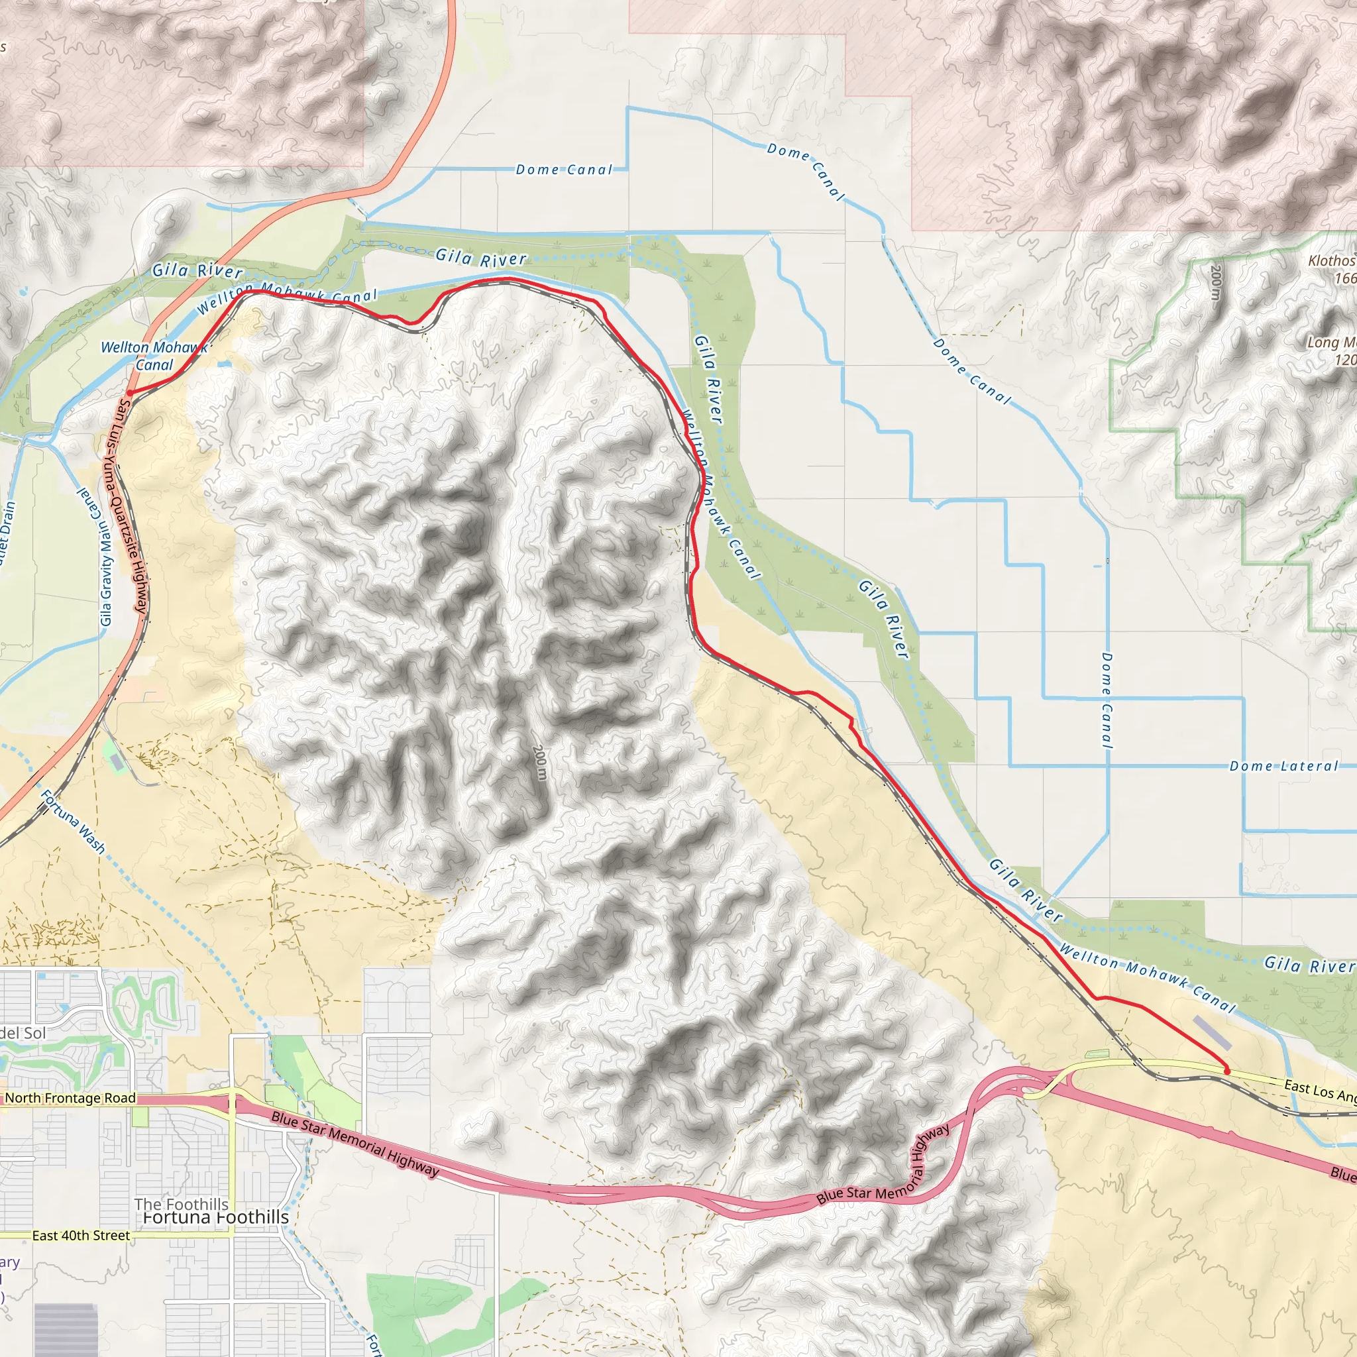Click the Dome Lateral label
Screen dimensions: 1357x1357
click(x=1283, y=767)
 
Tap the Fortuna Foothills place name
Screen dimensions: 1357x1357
click(x=215, y=1217)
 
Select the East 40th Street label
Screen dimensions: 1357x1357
click(x=81, y=1236)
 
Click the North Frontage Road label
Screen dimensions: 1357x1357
click(x=70, y=1099)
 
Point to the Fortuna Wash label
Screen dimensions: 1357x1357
click(x=73, y=822)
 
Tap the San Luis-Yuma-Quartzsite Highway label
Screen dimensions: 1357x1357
click(x=133, y=507)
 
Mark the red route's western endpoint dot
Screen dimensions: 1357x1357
click(x=130, y=394)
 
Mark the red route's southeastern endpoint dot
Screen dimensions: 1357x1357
click(x=1226, y=1071)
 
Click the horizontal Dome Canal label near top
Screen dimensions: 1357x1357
click(x=563, y=169)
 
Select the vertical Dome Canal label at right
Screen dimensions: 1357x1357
click(x=1107, y=700)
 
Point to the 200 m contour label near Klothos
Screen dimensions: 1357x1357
click(x=1216, y=283)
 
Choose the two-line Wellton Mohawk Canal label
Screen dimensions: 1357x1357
click(x=154, y=355)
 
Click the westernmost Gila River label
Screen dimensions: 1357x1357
click(x=197, y=270)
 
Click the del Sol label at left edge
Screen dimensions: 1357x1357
click(x=23, y=1032)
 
